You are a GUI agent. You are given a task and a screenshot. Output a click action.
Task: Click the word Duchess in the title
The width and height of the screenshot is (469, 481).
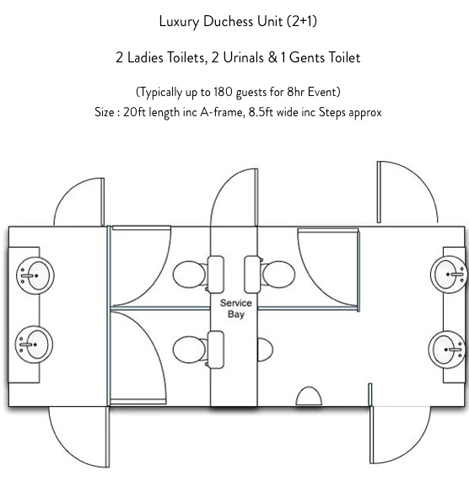(x=228, y=21)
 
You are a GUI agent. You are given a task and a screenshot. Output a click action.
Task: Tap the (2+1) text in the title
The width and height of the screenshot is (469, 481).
(x=302, y=21)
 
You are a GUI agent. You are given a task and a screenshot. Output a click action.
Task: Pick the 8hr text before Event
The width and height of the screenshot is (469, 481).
(x=296, y=92)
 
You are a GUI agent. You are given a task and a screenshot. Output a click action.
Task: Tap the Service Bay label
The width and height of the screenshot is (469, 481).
(x=236, y=308)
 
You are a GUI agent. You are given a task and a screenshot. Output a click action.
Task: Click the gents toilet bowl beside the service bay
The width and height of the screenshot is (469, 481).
(x=278, y=275)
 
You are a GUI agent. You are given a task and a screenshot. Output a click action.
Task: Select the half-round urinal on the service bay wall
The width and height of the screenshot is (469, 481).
(x=265, y=350)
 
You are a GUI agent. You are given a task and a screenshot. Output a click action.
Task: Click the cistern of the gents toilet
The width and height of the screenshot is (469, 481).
(x=252, y=275)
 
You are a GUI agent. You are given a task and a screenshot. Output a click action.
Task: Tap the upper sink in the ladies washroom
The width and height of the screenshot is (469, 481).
(x=35, y=275)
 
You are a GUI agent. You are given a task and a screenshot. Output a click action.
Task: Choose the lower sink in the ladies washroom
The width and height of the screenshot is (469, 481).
(x=34, y=345)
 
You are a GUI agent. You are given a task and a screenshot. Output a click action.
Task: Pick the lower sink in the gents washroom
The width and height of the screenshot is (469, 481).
(x=448, y=350)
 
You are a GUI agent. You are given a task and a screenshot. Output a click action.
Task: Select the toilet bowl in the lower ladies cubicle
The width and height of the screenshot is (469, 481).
(x=190, y=350)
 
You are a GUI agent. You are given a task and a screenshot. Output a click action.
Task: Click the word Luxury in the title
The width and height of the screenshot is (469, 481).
(x=179, y=21)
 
